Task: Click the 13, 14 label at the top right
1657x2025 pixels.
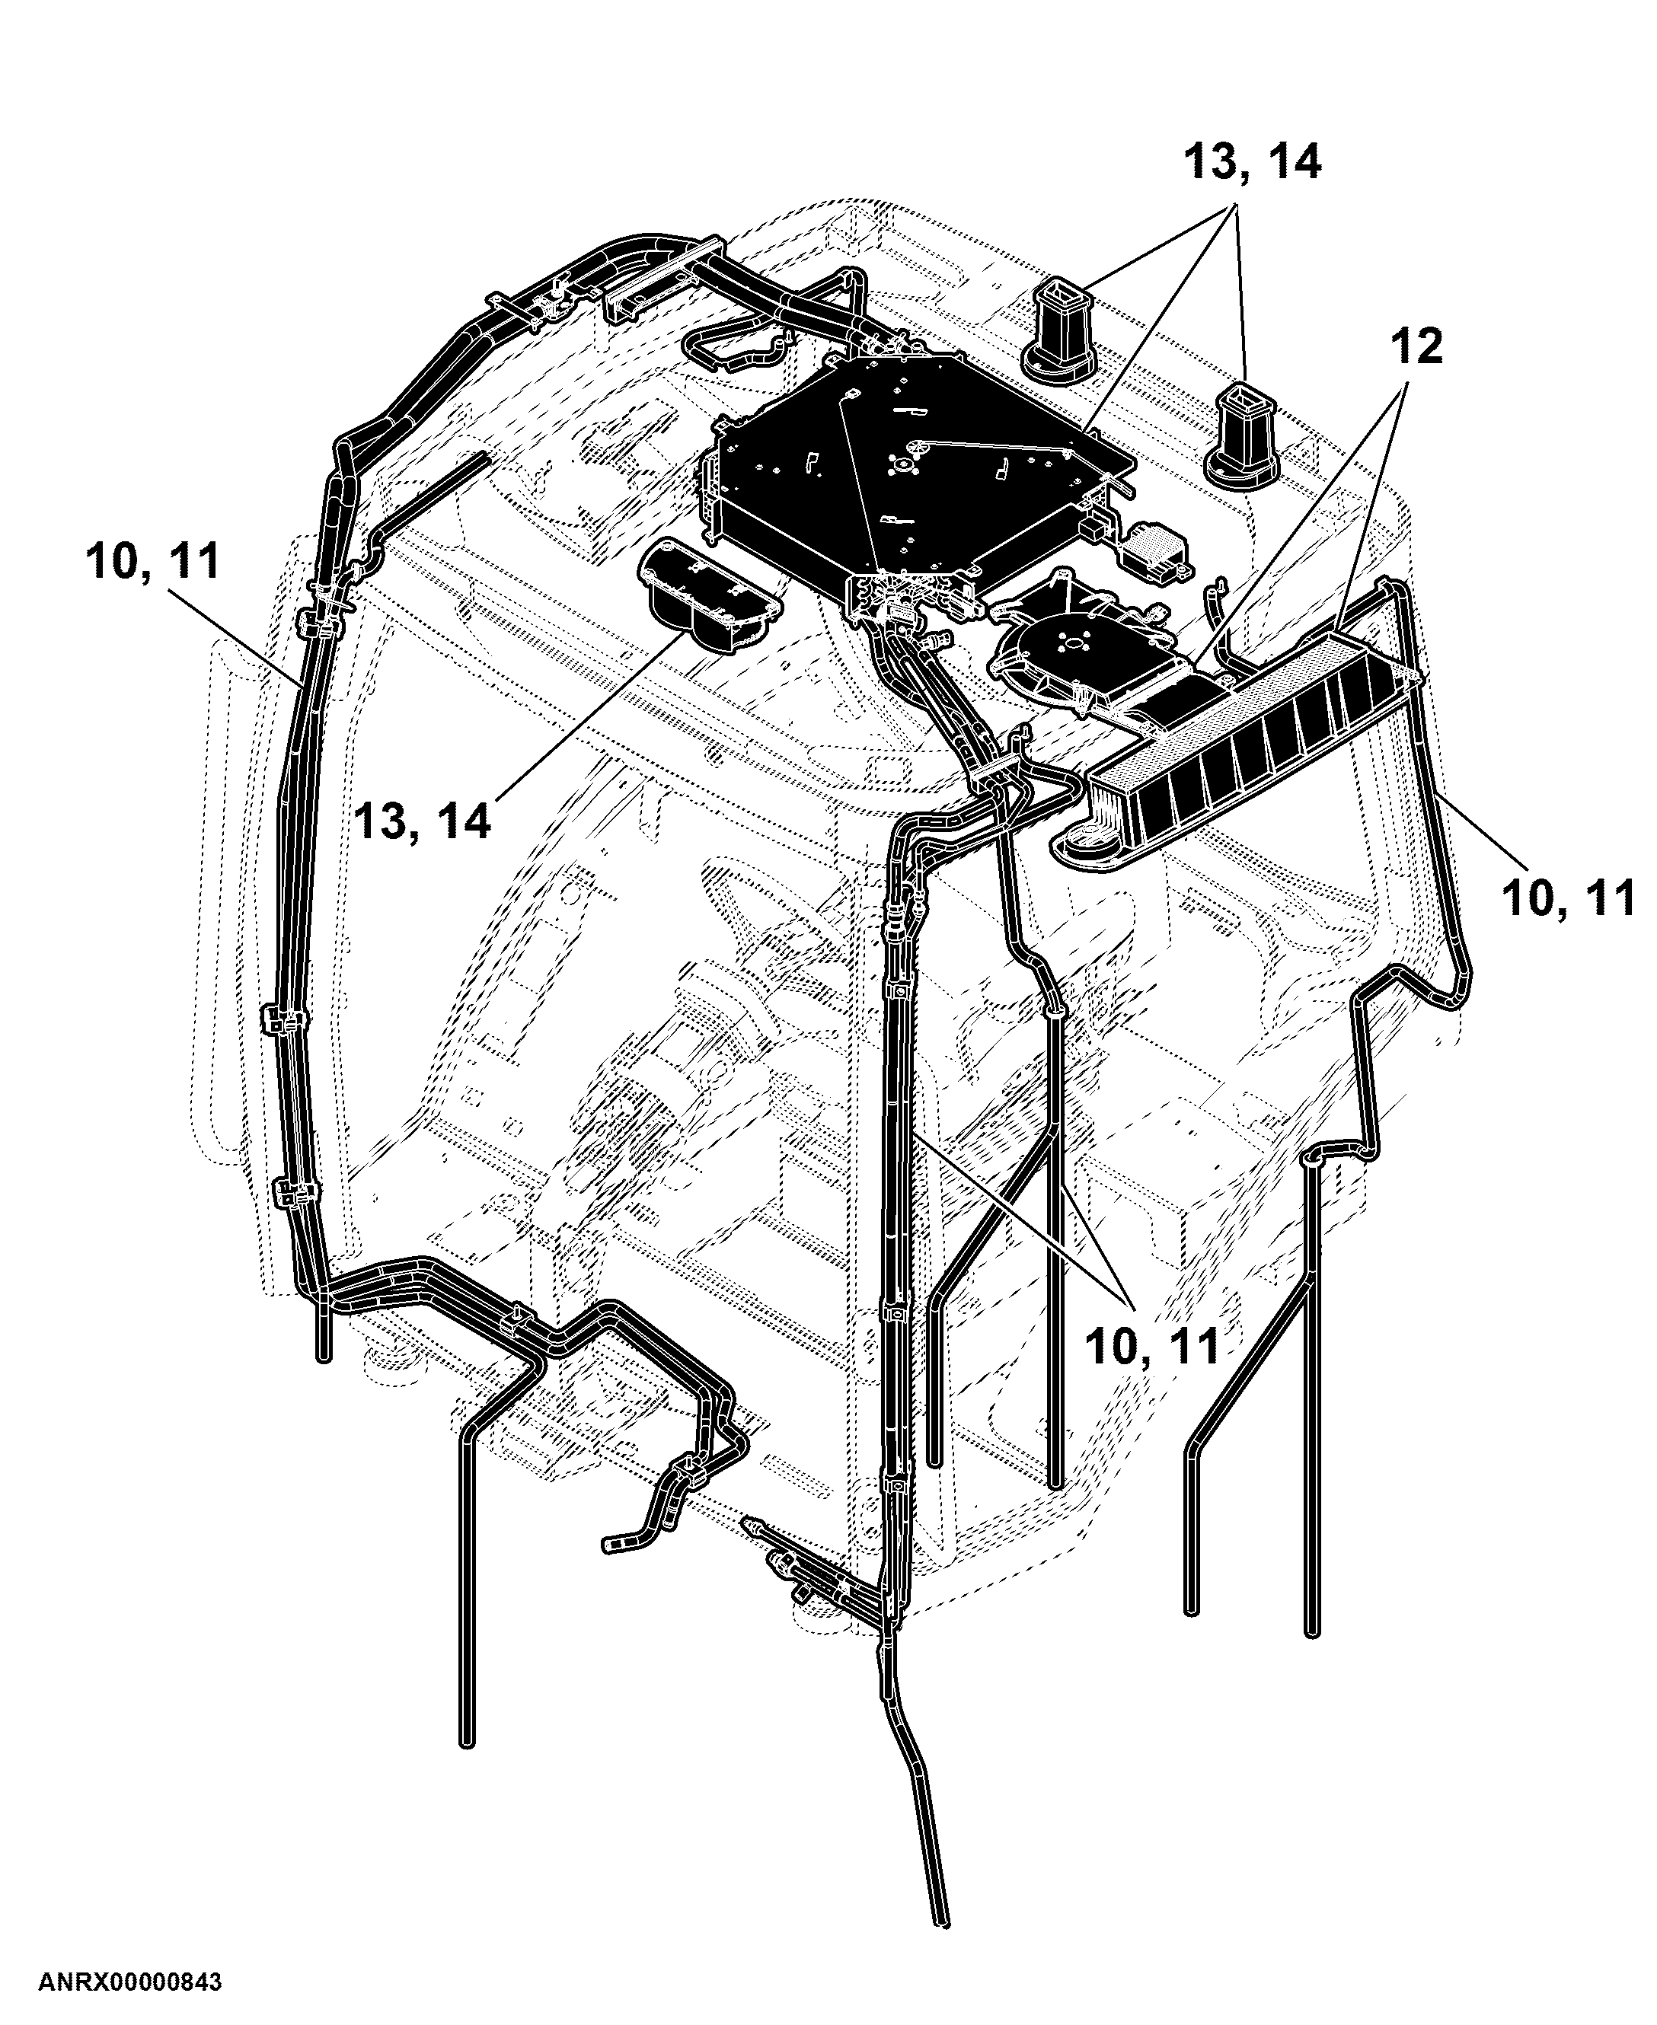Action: (x=1253, y=162)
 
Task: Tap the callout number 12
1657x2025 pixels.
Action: (x=1416, y=346)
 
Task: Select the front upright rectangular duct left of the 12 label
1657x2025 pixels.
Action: (x=1240, y=436)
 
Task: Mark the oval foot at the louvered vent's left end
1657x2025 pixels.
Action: (x=1088, y=843)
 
